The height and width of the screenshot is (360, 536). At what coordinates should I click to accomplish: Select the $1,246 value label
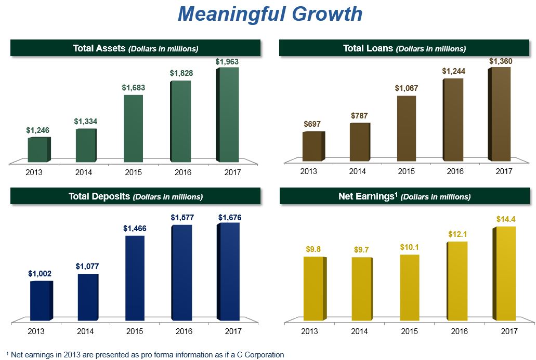click(x=38, y=130)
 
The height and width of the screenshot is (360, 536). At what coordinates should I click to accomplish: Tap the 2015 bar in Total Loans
click(x=406, y=128)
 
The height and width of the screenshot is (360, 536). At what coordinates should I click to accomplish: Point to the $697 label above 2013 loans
click(x=312, y=124)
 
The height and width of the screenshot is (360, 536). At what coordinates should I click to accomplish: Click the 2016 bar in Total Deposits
click(x=181, y=272)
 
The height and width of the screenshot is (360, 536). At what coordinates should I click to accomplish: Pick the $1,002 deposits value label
click(x=40, y=273)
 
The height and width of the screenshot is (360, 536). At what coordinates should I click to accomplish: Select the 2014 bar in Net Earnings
click(x=361, y=288)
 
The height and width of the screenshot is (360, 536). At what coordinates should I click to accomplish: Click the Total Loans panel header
click(x=404, y=48)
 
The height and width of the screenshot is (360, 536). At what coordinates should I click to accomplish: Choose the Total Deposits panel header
click(x=135, y=196)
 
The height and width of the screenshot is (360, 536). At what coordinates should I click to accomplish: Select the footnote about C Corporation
click(x=145, y=355)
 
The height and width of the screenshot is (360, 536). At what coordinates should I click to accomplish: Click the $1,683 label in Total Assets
click(x=134, y=88)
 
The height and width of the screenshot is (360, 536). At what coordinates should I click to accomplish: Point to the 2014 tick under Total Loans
click(x=357, y=171)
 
